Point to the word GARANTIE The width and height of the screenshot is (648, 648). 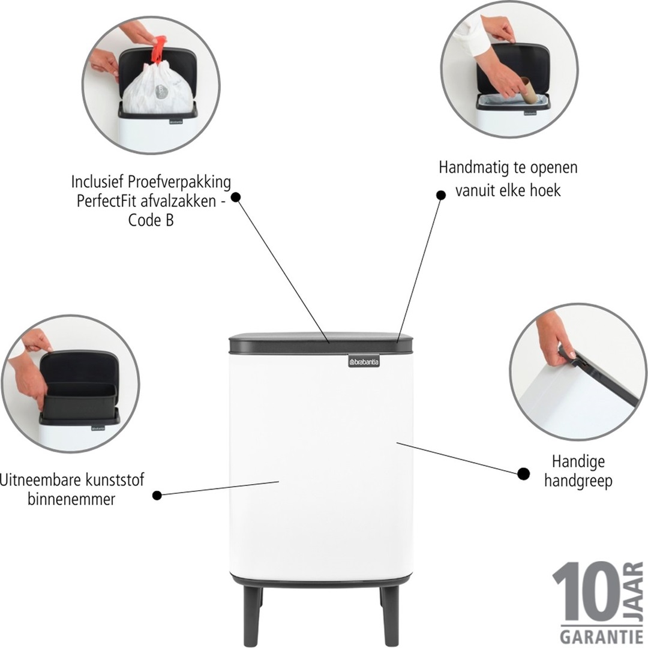pyautogui.click(x=601, y=635)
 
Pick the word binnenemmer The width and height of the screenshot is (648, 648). pyautogui.click(x=71, y=499)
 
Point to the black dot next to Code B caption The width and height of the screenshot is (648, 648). pyautogui.click(x=235, y=197)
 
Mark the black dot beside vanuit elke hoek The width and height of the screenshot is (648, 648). pyautogui.click(x=440, y=194)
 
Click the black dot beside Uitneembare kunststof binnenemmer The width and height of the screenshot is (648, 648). pyautogui.click(x=157, y=495)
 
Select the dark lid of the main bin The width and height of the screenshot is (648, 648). pyautogui.click(x=321, y=343)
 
